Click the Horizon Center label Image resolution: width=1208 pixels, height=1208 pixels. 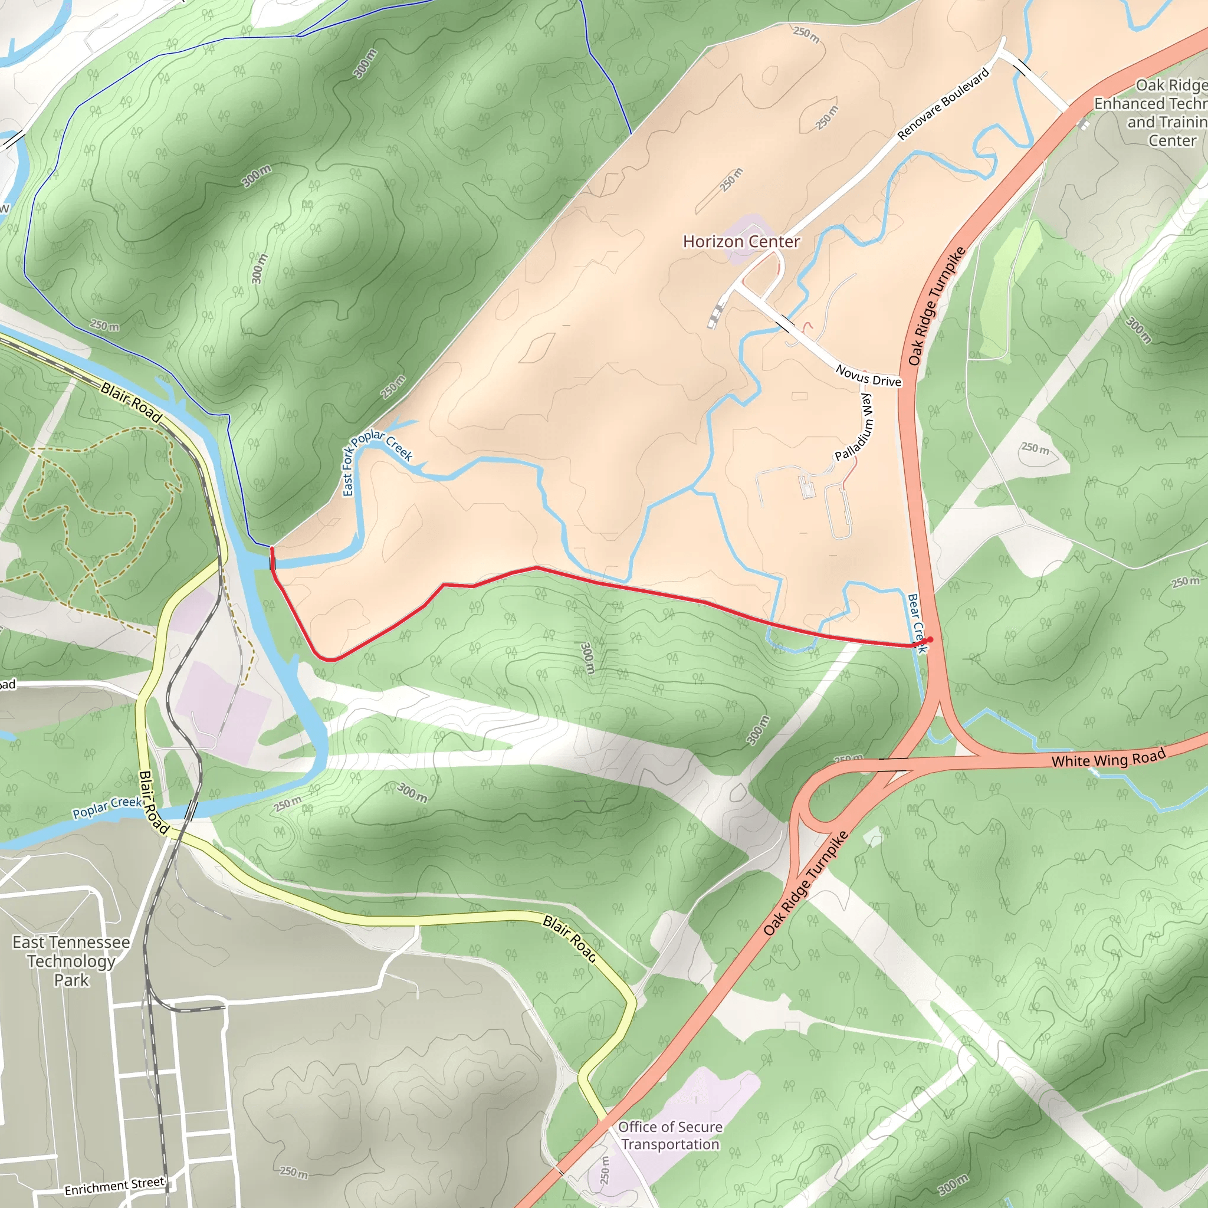coord(741,242)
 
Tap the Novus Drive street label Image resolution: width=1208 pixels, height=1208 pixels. coord(868,376)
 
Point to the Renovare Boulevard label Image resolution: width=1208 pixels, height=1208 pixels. coord(944,104)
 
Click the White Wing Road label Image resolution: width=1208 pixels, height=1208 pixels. coord(1108,758)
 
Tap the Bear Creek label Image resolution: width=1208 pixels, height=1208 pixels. coord(916,623)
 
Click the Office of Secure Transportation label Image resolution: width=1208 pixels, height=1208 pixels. coord(670,1135)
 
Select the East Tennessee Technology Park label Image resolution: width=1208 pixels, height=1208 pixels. coord(71,961)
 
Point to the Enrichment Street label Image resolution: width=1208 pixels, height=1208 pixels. coord(114,1186)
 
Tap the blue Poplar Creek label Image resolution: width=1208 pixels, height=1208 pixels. coord(107,807)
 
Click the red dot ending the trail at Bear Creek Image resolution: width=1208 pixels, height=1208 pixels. coord(930,639)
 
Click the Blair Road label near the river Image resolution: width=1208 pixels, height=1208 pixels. coord(132,403)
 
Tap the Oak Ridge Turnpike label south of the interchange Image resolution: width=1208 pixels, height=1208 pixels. coord(806,883)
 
